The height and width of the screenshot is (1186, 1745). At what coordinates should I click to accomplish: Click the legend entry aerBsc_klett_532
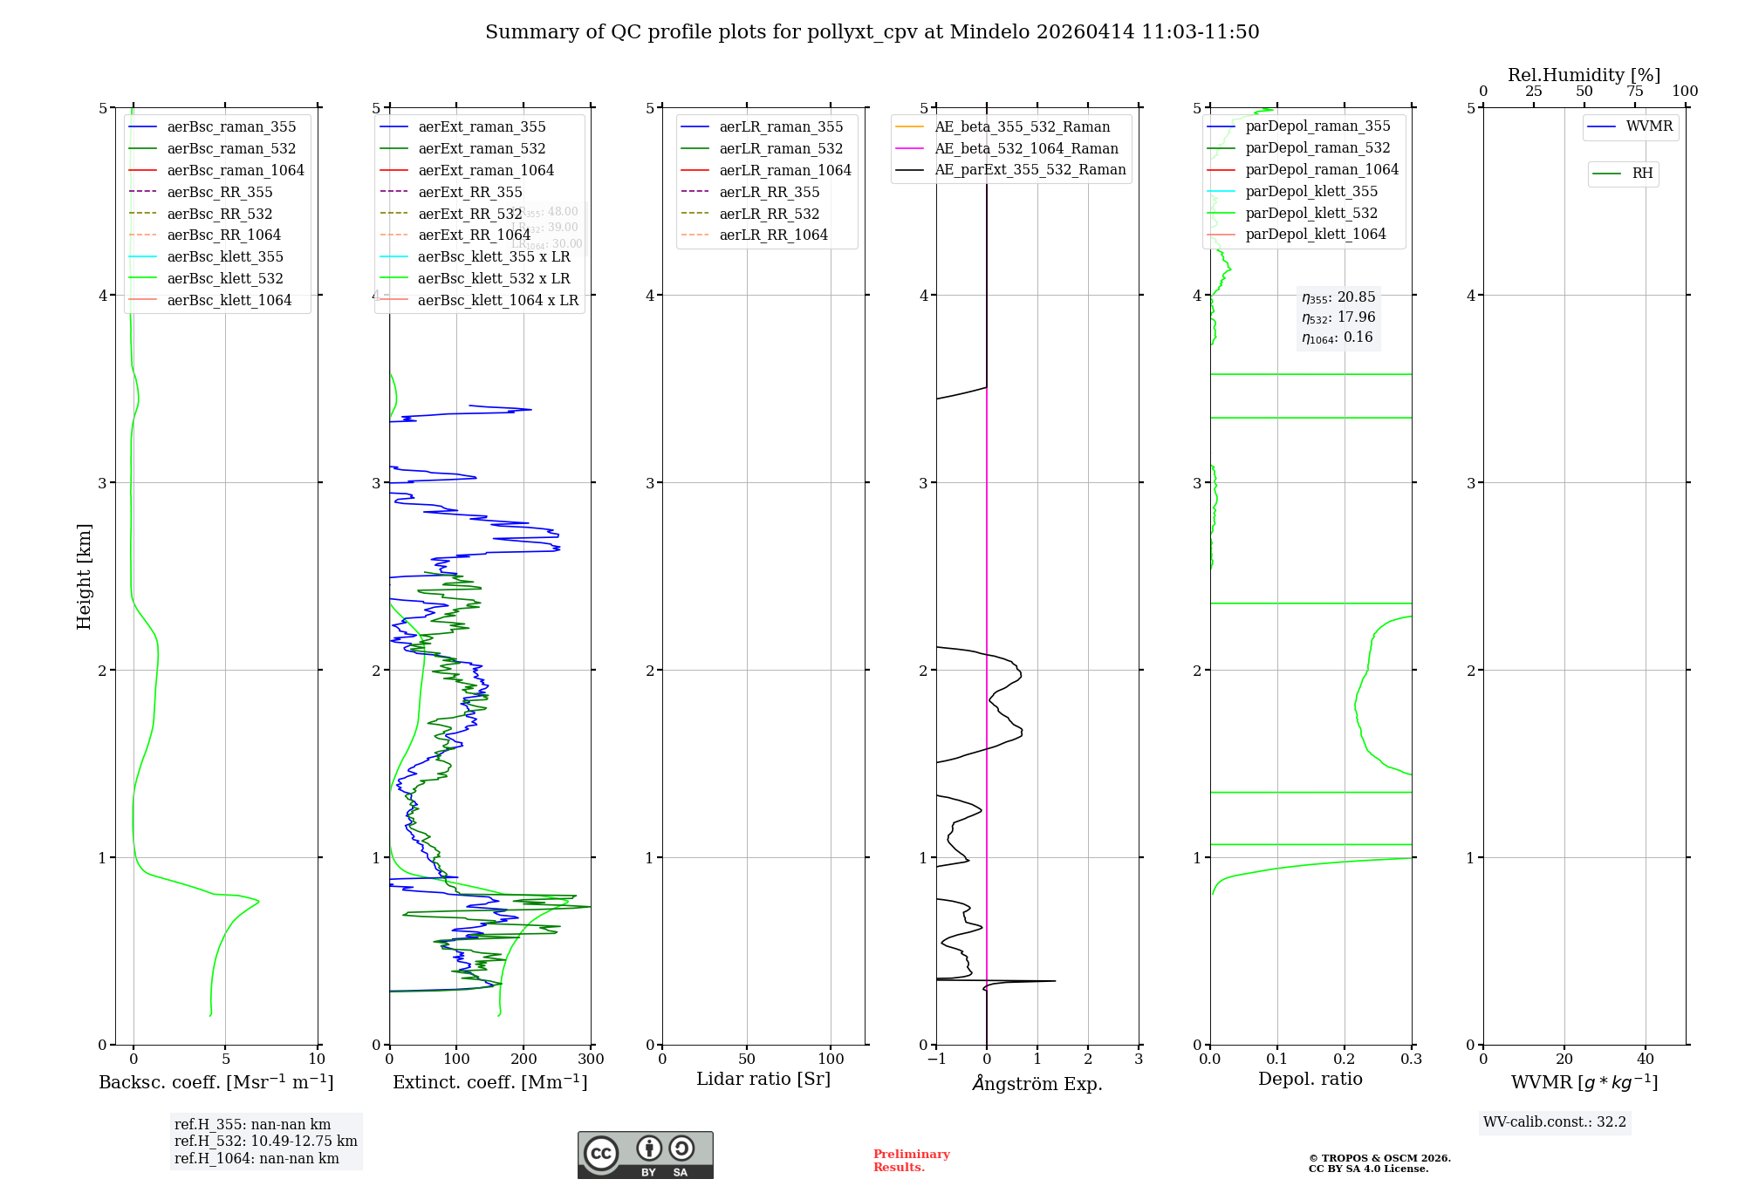pyautogui.click(x=225, y=279)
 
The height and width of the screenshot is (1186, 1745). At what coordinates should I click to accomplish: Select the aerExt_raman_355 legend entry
pyautogui.click(x=482, y=127)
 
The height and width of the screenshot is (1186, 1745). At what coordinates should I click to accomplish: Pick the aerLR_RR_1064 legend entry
pyautogui.click(x=773, y=235)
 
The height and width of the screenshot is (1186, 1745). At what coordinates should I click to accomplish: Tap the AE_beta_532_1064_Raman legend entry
pyautogui.click(x=1026, y=149)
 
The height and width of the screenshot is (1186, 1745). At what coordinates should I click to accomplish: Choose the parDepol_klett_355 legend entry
pyautogui.click(x=1311, y=192)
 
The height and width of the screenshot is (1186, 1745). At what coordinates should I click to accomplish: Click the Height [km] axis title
pyautogui.click(x=84, y=576)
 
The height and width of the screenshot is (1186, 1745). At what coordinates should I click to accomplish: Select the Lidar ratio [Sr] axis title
pyautogui.click(x=763, y=1080)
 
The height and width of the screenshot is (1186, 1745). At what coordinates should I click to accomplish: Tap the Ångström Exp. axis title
pyautogui.click(x=1037, y=1084)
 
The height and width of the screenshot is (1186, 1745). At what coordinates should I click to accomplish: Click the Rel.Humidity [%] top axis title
pyautogui.click(x=1584, y=75)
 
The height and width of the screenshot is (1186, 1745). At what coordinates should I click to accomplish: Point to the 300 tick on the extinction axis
pyautogui.click(x=591, y=1060)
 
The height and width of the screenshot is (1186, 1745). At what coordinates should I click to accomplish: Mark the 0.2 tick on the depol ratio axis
pyautogui.click(x=1345, y=1060)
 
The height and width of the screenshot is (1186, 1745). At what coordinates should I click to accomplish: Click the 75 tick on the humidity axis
pyautogui.click(x=1634, y=92)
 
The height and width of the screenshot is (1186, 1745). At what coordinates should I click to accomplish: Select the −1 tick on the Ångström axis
pyautogui.click(x=936, y=1060)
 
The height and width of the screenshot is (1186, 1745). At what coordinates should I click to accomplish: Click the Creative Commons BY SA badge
pyautogui.click(x=645, y=1155)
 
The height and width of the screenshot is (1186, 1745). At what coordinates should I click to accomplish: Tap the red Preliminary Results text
pyautogui.click(x=911, y=1161)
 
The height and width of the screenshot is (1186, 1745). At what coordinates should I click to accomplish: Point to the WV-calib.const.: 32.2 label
pyautogui.click(x=1555, y=1122)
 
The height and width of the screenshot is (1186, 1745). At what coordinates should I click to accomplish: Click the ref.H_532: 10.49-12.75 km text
pyautogui.click(x=265, y=1142)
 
